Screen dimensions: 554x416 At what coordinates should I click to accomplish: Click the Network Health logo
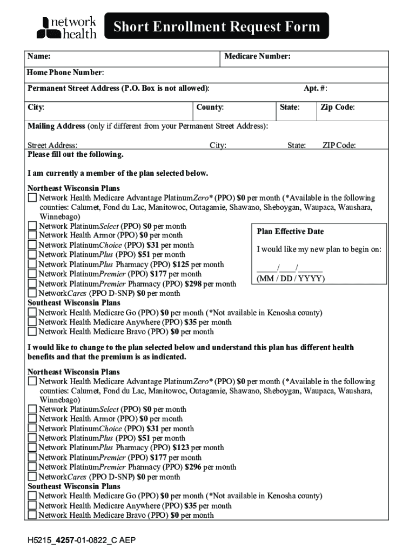point(66,27)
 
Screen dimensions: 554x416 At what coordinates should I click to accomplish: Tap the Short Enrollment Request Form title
point(216,27)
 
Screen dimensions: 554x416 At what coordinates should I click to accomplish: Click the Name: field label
point(39,57)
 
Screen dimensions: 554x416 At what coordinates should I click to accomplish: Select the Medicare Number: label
point(257,57)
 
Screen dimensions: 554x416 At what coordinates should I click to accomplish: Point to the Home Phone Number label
point(65,72)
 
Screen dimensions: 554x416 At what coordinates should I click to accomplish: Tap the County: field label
point(210,107)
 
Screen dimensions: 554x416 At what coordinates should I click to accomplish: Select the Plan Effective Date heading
point(290,232)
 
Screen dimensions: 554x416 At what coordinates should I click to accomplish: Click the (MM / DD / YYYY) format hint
point(291,279)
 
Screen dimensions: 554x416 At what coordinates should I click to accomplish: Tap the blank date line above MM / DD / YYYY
point(290,269)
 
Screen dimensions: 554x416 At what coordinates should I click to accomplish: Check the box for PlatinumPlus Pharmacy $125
point(32,265)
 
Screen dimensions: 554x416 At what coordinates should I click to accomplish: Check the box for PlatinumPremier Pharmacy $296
point(32,467)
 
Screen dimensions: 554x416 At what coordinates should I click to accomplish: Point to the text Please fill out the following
point(76,155)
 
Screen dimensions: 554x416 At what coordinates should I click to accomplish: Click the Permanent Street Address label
point(118,88)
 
